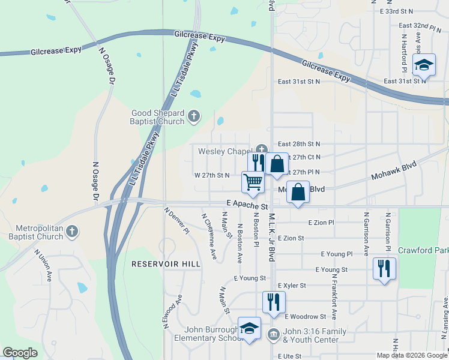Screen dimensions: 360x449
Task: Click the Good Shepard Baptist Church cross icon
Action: click(x=193, y=116)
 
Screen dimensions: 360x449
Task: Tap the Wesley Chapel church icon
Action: click(x=261, y=150)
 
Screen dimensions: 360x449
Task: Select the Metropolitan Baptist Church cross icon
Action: click(x=71, y=231)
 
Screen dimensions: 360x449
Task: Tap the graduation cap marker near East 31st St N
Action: click(x=424, y=65)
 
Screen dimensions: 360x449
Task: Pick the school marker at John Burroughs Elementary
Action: click(x=249, y=328)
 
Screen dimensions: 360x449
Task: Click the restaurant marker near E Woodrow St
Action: click(x=274, y=302)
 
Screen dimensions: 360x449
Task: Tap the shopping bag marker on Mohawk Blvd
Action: click(x=298, y=193)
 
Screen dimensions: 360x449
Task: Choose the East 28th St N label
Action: click(x=299, y=144)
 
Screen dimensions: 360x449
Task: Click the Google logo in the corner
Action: click(x=20, y=353)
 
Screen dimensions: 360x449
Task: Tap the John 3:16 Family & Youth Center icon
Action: click(x=273, y=334)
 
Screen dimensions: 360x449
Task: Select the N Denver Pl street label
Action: click(x=177, y=221)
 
